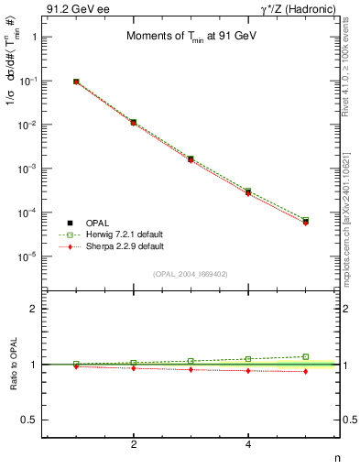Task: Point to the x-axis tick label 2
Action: pos(134,443)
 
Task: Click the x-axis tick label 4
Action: pos(248,443)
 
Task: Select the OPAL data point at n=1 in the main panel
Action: pos(76,82)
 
